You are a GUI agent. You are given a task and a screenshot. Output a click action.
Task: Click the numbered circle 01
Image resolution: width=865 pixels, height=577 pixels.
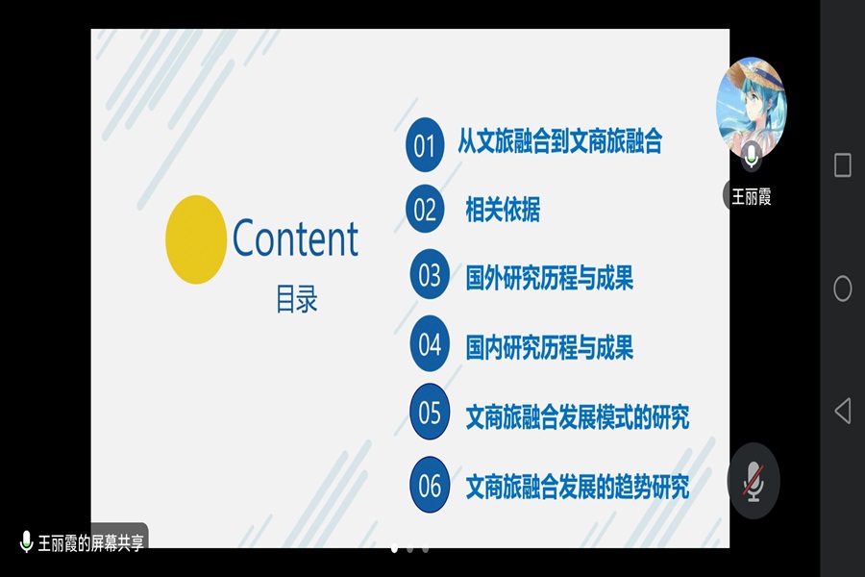pos(425,146)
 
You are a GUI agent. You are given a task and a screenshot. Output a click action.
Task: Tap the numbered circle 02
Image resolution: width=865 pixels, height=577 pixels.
pos(425,210)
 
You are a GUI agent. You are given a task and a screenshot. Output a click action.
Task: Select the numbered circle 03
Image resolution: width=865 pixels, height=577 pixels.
pos(430,276)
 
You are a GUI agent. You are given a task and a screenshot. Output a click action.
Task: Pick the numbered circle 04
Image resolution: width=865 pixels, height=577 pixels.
pos(430,344)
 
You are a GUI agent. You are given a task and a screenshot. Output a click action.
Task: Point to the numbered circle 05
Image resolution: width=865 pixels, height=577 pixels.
pos(430,414)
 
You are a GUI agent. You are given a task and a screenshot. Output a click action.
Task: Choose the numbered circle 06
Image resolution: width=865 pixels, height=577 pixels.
pos(430,486)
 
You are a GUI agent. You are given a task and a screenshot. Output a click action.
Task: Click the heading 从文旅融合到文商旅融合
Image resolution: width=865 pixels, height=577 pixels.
pos(559,143)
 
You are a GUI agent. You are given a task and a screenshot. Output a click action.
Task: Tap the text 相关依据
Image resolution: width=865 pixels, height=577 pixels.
pos(502,210)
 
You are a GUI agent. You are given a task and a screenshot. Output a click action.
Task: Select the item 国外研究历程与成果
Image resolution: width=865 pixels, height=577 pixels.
pos(549,279)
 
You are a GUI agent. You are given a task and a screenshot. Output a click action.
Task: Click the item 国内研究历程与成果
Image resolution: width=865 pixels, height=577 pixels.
pos(549,347)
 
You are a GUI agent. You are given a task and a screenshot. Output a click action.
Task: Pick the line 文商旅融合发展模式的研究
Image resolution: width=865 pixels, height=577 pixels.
pos(577,417)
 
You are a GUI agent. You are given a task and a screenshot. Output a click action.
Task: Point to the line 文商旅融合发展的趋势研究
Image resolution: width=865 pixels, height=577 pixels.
pos(577,487)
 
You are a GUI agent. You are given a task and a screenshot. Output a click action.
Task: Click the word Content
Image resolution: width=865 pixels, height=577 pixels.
pos(295,238)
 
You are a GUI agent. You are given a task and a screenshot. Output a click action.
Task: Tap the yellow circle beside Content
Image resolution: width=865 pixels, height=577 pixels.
pos(195,239)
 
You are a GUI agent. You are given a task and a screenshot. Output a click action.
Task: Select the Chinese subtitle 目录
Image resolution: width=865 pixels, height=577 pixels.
pos(296,300)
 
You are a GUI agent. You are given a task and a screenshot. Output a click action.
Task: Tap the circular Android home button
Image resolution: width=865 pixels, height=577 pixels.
pos(842,288)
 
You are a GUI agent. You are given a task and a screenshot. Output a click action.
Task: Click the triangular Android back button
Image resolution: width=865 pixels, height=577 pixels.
pos(842,412)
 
